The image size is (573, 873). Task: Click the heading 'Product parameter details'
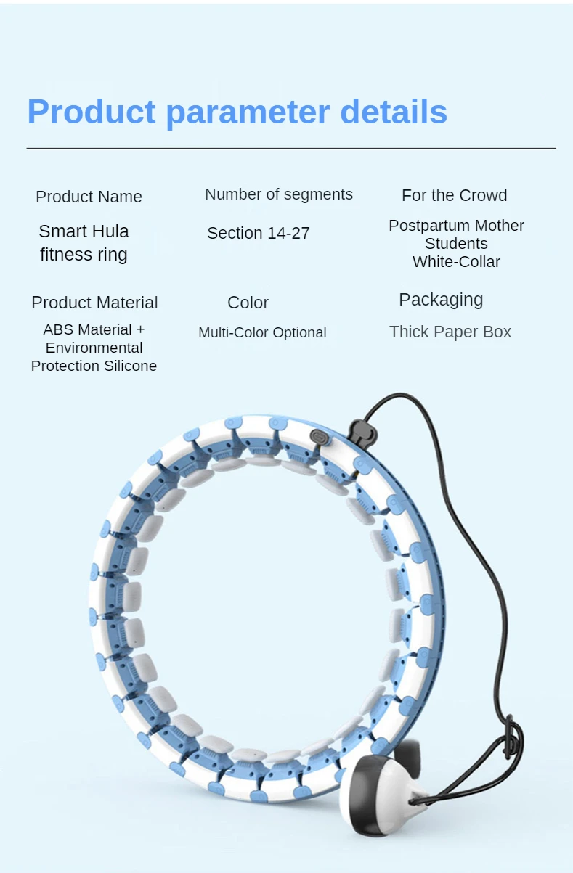[x=237, y=112]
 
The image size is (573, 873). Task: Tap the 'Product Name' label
[x=89, y=197]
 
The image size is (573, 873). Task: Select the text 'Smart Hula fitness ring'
[x=84, y=242]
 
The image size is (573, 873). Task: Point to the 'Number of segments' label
[x=279, y=194]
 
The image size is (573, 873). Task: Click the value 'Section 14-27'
[x=259, y=233]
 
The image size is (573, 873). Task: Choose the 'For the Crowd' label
[x=454, y=195]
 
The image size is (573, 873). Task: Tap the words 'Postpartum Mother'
[x=456, y=226]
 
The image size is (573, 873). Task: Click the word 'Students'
[x=456, y=244]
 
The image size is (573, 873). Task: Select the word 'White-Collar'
[x=456, y=262]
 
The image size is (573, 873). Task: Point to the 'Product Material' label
[x=94, y=303]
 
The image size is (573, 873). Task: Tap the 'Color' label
[x=248, y=303]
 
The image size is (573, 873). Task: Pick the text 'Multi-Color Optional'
[x=262, y=332]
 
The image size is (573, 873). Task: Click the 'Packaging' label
[x=441, y=300]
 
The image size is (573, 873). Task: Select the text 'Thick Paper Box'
[x=450, y=332]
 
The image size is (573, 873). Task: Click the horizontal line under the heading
[x=290, y=148]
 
